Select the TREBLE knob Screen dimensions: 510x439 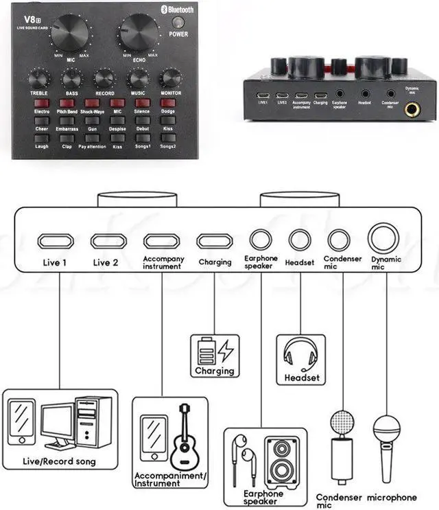click(38, 78)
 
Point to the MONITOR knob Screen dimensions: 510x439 click(170, 78)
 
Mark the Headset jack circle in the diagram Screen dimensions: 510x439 click(300, 240)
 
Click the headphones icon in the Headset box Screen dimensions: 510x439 click(299, 354)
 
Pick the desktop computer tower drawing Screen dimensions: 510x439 click(93, 421)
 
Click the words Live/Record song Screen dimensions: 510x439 click(59, 461)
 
